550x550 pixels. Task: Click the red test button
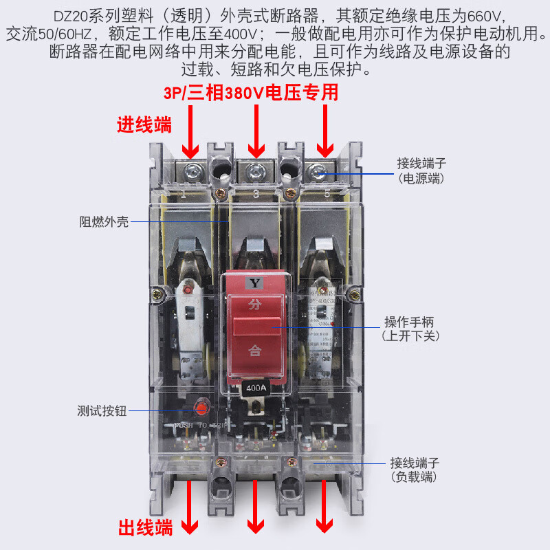pos(201,409)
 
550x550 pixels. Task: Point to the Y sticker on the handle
pos(255,283)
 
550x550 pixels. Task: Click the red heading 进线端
pos(143,125)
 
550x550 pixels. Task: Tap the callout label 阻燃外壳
pos(103,223)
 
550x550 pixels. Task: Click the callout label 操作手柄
pos(410,322)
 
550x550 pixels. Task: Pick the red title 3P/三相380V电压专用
pos(251,92)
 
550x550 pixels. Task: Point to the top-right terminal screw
pos(318,169)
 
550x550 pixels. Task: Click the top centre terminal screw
pos(256,170)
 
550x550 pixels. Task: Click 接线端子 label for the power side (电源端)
pos(421,164)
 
